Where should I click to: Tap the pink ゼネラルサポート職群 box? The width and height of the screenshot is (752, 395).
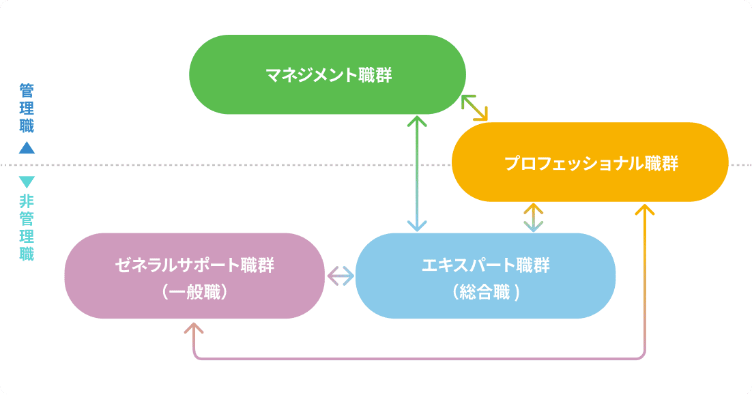tap(194, 276)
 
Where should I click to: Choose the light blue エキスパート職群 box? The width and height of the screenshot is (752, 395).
tap(485, 276)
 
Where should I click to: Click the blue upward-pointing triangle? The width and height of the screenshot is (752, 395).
tap(27, 147)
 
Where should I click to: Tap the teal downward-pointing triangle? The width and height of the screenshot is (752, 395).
tap(27, 181)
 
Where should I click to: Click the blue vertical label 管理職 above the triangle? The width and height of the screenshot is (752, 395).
tap(27, 108)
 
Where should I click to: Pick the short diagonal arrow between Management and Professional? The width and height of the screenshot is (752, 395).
tap(475, 107)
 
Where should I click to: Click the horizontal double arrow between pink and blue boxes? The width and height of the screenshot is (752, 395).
tap(341, 276)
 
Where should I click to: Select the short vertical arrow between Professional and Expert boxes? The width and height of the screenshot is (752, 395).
tap(533, 218)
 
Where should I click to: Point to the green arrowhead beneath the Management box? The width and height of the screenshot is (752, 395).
tap(416, 121)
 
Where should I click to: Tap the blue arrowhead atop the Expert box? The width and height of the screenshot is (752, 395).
tap(416, 226)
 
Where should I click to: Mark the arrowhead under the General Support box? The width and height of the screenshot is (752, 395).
tap(194, 328)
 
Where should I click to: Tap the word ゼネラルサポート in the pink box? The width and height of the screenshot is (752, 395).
tap(179, 265)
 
